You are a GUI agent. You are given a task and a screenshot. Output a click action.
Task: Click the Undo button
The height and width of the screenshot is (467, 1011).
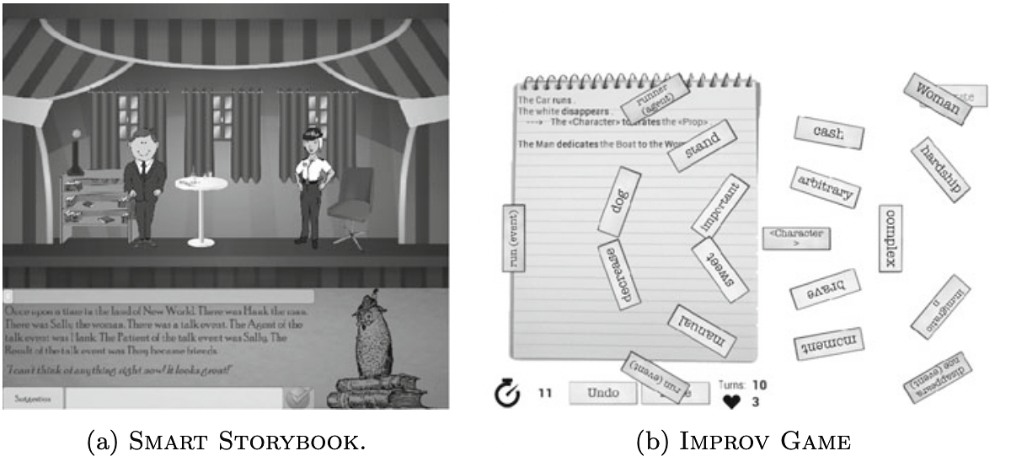click(x=602, y=393)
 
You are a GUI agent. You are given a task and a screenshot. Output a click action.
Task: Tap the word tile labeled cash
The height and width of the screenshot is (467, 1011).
click(x=829, y=133)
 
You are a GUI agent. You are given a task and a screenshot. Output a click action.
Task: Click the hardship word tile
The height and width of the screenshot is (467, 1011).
click(x=942, y=169)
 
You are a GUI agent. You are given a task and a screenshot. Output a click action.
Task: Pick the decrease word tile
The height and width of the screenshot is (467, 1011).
click(x=622, y=276)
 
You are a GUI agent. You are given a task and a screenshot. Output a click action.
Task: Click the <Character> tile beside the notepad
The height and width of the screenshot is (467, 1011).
click(x=796, y=238)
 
